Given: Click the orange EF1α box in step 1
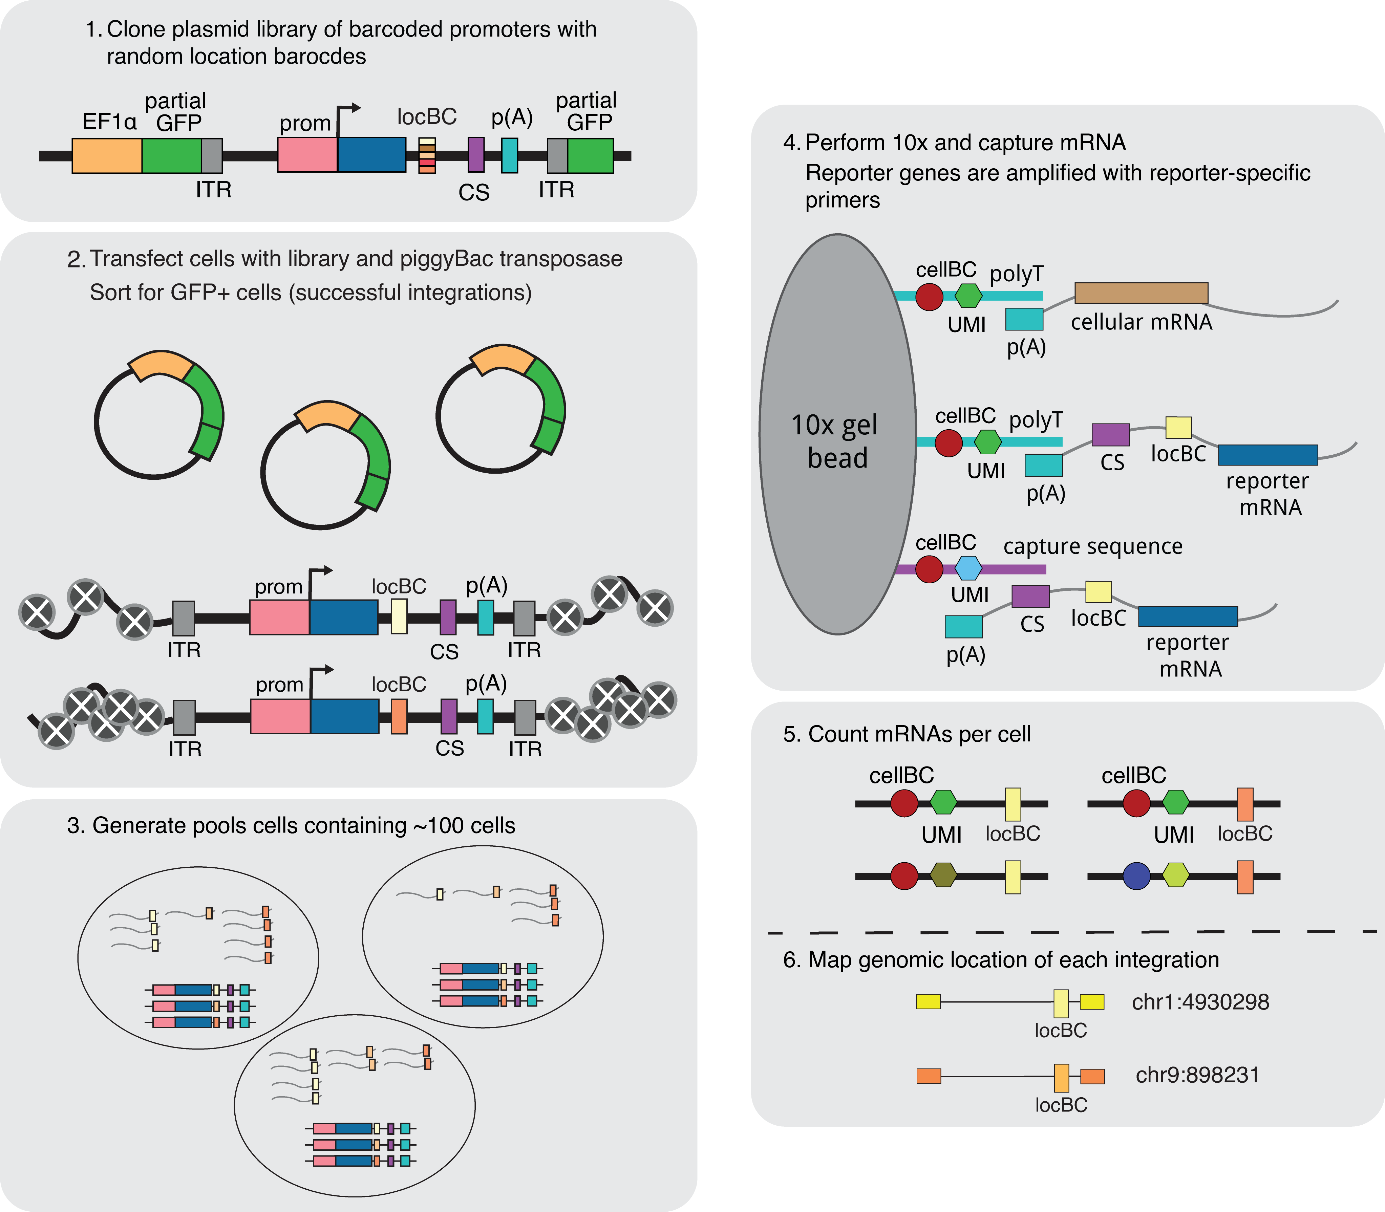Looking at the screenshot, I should pyautogui.click(x=107, y=155).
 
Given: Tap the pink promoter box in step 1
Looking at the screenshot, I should pyautogui.click(x=307, y=155).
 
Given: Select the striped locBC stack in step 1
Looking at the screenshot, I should pyautogui.click(x=427, y=155).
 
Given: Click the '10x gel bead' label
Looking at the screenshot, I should pyautogui.click(x=836, y=441).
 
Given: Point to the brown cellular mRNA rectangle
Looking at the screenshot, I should pyautogui.click(x=1141, y=293).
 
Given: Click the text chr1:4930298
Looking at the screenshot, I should pyautogui.click(x=1200, y=1002).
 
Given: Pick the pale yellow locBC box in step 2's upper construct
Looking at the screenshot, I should pyautogui.click(x=399, y=616).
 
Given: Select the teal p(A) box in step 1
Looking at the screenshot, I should pyautogui.click(x=510, y=155).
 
